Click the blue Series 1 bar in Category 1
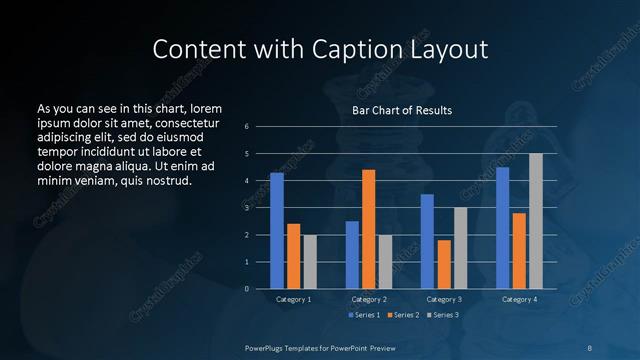(x=277, y=231)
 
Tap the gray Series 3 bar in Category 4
(x=535, y=221)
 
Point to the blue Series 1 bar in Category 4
(x=502, y=228)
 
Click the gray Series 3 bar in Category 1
(x=310, y=262)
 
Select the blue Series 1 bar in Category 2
(x=352, y=255)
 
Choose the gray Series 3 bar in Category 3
(x=460, y=248)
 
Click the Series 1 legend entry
(x=365, y=316)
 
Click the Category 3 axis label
(x=443, y=299)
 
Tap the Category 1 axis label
(x=293, y=299)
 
